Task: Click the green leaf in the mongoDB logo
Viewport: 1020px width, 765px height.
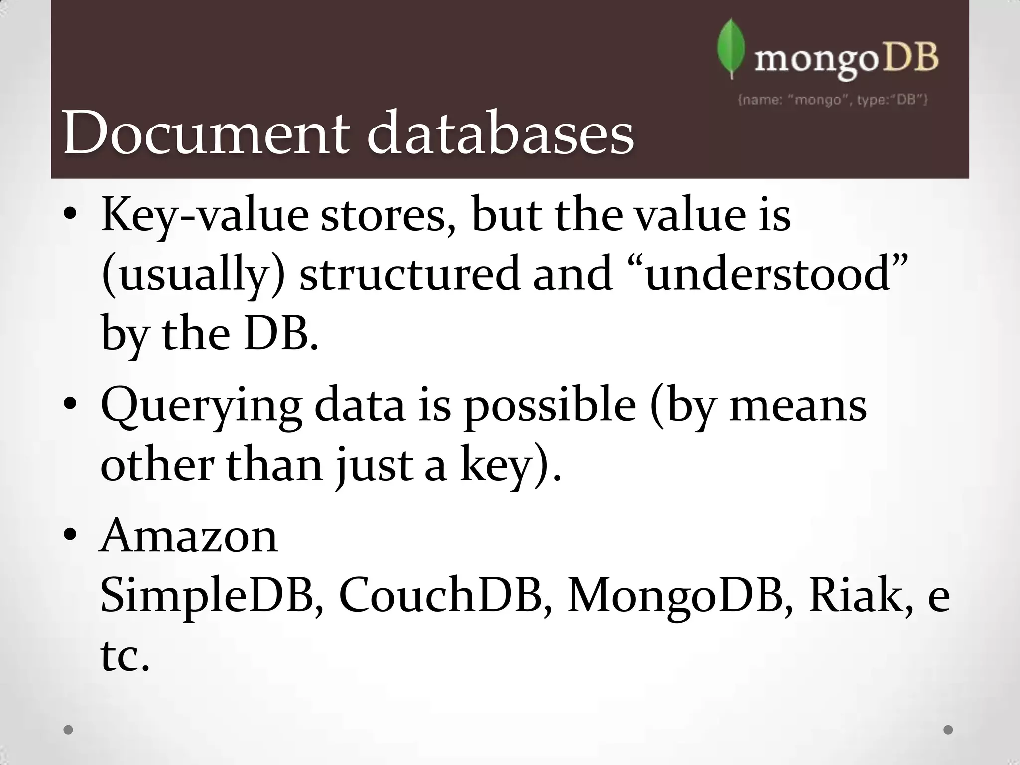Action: pos(731,48)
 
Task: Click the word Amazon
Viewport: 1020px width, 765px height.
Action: pos(189,536)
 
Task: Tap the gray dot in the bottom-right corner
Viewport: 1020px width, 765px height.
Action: pos(948,730)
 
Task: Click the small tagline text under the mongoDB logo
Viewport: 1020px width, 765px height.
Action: pos(832,100)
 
